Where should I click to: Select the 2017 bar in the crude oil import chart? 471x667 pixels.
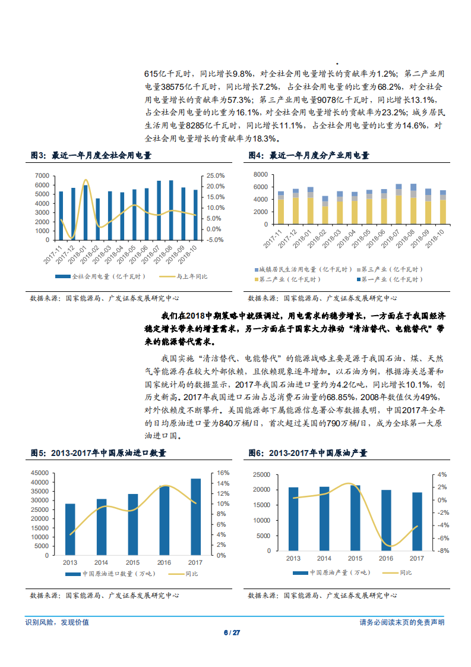195,517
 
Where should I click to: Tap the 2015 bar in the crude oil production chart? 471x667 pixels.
355,518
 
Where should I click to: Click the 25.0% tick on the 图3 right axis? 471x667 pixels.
215,176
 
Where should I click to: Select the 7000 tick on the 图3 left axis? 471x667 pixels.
42,176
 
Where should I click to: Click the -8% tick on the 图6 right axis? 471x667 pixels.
442,551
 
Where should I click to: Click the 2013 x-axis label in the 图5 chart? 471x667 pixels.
70,562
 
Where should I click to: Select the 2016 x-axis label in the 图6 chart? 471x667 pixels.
387,558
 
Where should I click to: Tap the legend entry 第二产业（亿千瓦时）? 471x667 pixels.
288,279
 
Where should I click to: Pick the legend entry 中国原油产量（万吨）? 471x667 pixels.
333,572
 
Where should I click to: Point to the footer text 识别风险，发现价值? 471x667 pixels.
57,622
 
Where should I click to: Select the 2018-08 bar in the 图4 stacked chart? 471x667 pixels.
414,206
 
